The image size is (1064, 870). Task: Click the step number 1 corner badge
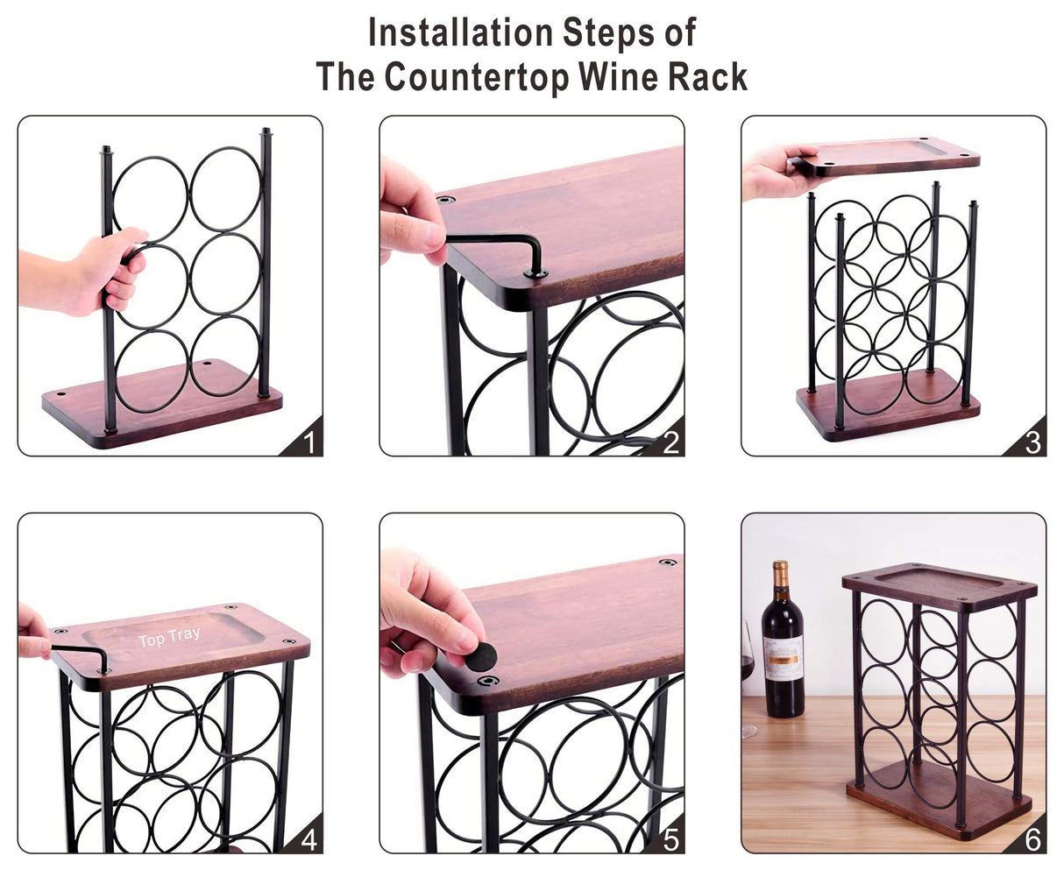click(x=307, y=442)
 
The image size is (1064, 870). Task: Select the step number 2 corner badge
click(x=670, y=442)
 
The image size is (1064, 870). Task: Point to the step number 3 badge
click(x=1032, y=442)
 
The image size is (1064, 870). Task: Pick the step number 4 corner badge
click(x=307, y=838)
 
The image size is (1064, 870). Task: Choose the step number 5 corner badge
click(x=670, y=838)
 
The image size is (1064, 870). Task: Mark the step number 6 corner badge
click(x=1032, y=838)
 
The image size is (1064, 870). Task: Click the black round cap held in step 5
click(x=480, y=656)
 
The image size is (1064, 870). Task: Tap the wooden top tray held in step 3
click(x=885, y=156)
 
